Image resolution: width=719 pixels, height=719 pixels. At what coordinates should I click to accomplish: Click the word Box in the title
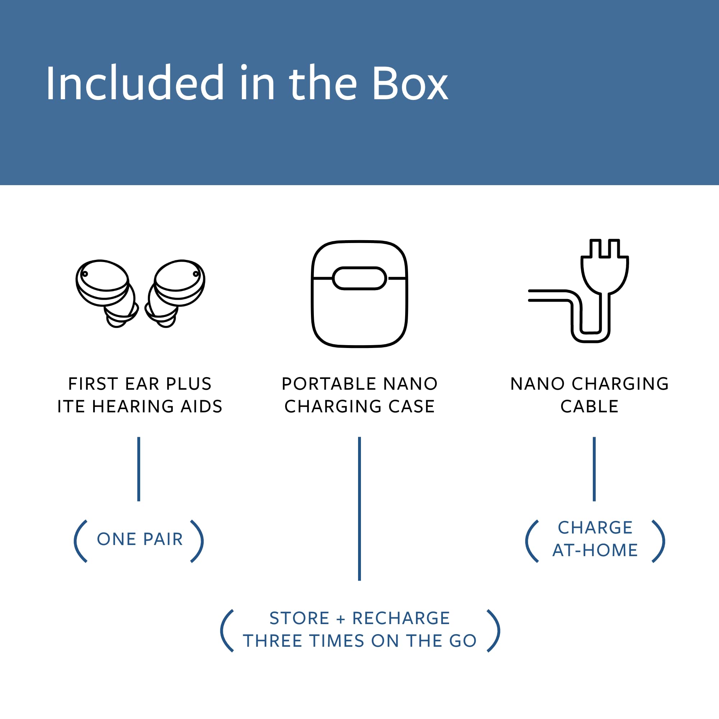click(x=410, y=84)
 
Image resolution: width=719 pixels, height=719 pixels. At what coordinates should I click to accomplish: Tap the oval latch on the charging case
click(x=359, y=278)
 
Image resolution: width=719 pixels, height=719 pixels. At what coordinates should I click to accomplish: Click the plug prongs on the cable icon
click(x=605, y=249)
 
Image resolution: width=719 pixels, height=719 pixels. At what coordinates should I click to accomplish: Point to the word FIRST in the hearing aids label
click(x=93, y=384)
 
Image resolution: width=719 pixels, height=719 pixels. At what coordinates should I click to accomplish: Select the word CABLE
click(x=590, y=406)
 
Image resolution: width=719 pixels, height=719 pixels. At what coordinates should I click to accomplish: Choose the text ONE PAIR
click(x=140, y=539)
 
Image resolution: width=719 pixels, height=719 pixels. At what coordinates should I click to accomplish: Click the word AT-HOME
click(x=595, y=550)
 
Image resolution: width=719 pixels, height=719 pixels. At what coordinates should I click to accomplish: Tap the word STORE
click(x=299, y=618)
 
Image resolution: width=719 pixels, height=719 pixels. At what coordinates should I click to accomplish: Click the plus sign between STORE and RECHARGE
click(x=340, y=619)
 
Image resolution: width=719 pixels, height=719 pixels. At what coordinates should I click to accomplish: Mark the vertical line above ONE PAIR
click(x=139, y=469)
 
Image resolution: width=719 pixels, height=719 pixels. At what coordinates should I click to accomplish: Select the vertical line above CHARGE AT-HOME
click(x=594, y=469)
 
